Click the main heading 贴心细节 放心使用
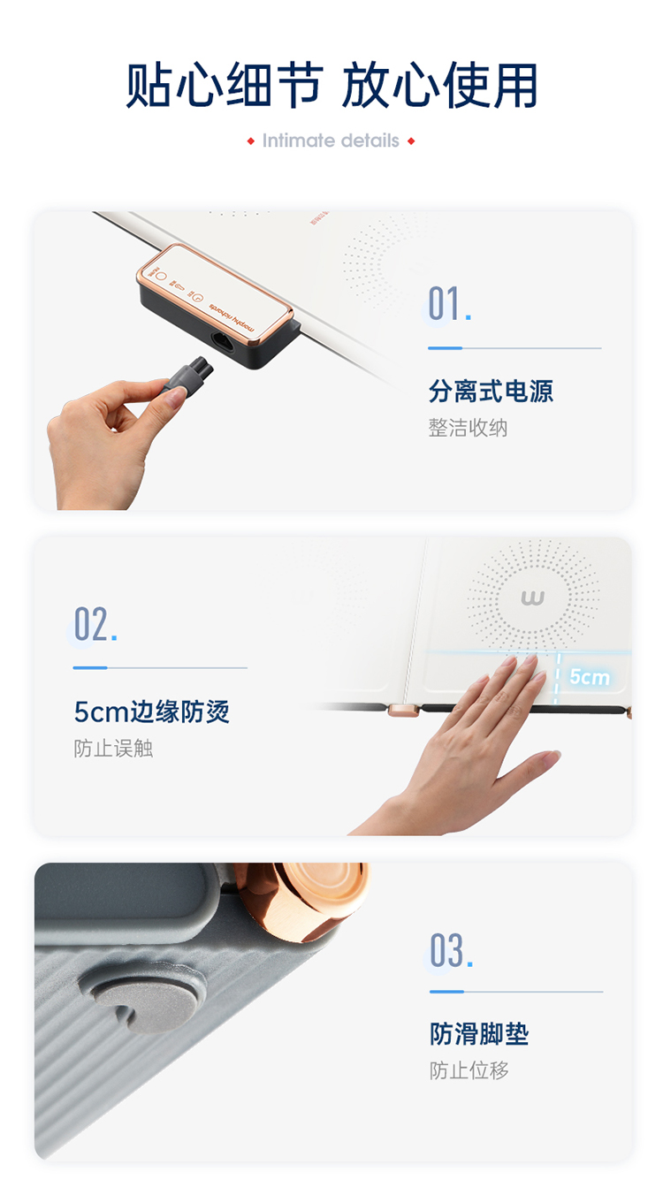pos(331,86)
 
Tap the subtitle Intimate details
pos(331,141)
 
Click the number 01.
pos(449,304)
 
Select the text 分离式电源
pos(491,391)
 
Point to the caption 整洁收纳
pos(468,428)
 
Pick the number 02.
pos(95,625)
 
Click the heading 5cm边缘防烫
pos(151,711)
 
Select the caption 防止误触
pos(113,749)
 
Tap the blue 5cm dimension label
pos(589,677)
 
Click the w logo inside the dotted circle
pos(532,598)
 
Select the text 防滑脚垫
pos(478,1034)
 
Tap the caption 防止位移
pos(469,1070)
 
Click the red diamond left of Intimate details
pos(251,141)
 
